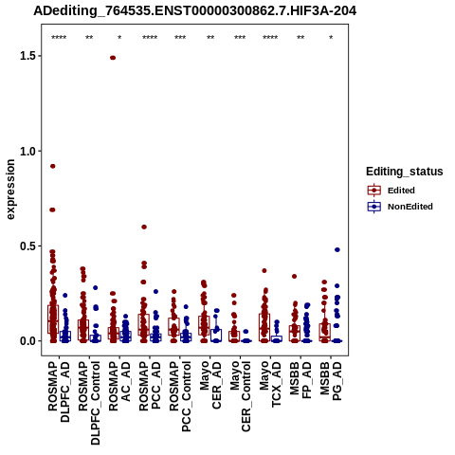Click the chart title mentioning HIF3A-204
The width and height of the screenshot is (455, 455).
[x=195, y=11]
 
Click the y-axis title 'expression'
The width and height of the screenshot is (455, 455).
[x=10, y=190]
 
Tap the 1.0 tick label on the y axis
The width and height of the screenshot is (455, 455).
[x=28, y=151]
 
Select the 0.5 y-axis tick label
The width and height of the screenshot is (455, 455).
[x=28, y=246]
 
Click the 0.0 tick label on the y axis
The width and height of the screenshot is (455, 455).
[x=28, y=341]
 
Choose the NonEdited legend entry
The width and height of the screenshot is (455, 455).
[x=400, y=207]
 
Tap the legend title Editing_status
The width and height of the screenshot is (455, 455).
[x=405, y=172]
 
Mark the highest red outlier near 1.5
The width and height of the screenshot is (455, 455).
[x=113, y=58]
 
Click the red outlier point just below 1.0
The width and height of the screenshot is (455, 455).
[x=53, y=166]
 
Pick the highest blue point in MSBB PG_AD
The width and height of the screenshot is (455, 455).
[x=337, y=249]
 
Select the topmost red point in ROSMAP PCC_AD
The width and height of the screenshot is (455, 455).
[x=144, y=227]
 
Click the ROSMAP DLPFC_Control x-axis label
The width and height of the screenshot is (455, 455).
[x=89, y=403]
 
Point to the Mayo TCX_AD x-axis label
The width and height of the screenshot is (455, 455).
[x=270, y=384]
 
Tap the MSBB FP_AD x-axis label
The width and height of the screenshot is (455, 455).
[x=300, y=380]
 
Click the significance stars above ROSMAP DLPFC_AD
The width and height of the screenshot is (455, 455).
[x=59, y=38]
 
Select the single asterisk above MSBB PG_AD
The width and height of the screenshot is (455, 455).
[x=331, y=38]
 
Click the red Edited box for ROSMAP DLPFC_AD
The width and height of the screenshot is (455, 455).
[x=53, y=319]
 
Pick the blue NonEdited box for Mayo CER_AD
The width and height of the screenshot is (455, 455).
[x=216, y=336]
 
